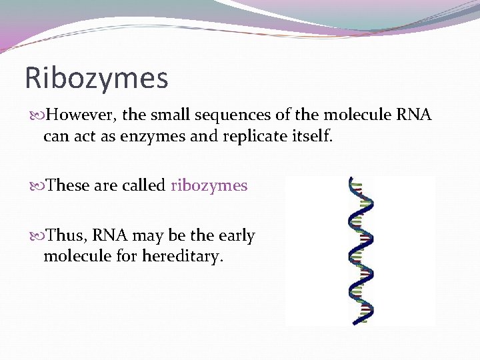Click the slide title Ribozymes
click(x=96, y=78)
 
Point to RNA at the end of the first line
click(x=413, y=115)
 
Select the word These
click(x=69, y=185)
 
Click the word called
click(x=144, y=185)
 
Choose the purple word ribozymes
click(x=209, y=185)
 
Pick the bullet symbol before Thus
click(x=38, y=236)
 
